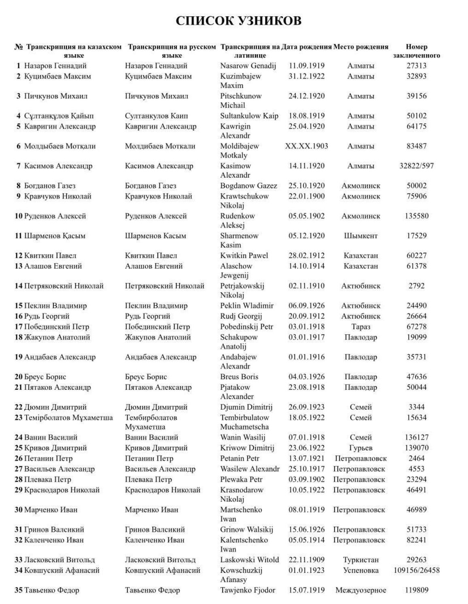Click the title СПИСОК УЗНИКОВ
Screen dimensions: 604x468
pyautogui.click(x=238, y=21)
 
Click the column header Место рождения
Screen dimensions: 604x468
pyautogui.click(x=360, y=47)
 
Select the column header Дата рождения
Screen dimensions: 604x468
pyautogui.click(x=306, y=47)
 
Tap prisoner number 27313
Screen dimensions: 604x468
pyautogui.click(x=416, y=66)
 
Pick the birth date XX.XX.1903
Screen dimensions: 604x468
pyautogui.click(x=306, y=146)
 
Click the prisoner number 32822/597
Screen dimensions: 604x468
pyautogui.click(x=416, y=166)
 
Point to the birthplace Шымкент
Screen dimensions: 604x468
pyautogui.click(x=360, y=236)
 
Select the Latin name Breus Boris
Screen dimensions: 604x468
pyautogui.click(x=239, y=376)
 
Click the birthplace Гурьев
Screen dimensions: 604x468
pyautogui.click(x=360, y=448)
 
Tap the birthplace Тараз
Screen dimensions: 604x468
pyautogui.click(x=360, y=327)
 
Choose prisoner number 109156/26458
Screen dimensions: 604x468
pyautogui.click(x=416, y=570)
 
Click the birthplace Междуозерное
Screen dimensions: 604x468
pyautogui.click(x=360, y=590)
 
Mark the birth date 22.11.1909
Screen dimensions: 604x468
pyautogui.click(x=306, y=559)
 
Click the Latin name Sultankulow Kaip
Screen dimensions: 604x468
pyautogui.click(x=249, y=116)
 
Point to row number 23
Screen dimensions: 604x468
pyautogui.click(x=18, y=417)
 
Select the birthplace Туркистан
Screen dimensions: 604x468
pyautogui.click(x=360, y=560)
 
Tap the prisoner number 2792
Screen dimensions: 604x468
pyautogui.click(x=416, y=286)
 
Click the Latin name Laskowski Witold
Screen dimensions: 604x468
pyautogui.click(x=249, y=559)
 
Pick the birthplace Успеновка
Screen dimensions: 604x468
pyautogui.click(x=360, y=570)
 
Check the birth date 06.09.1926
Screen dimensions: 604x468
pyautogui.click(x=306, y=306)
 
